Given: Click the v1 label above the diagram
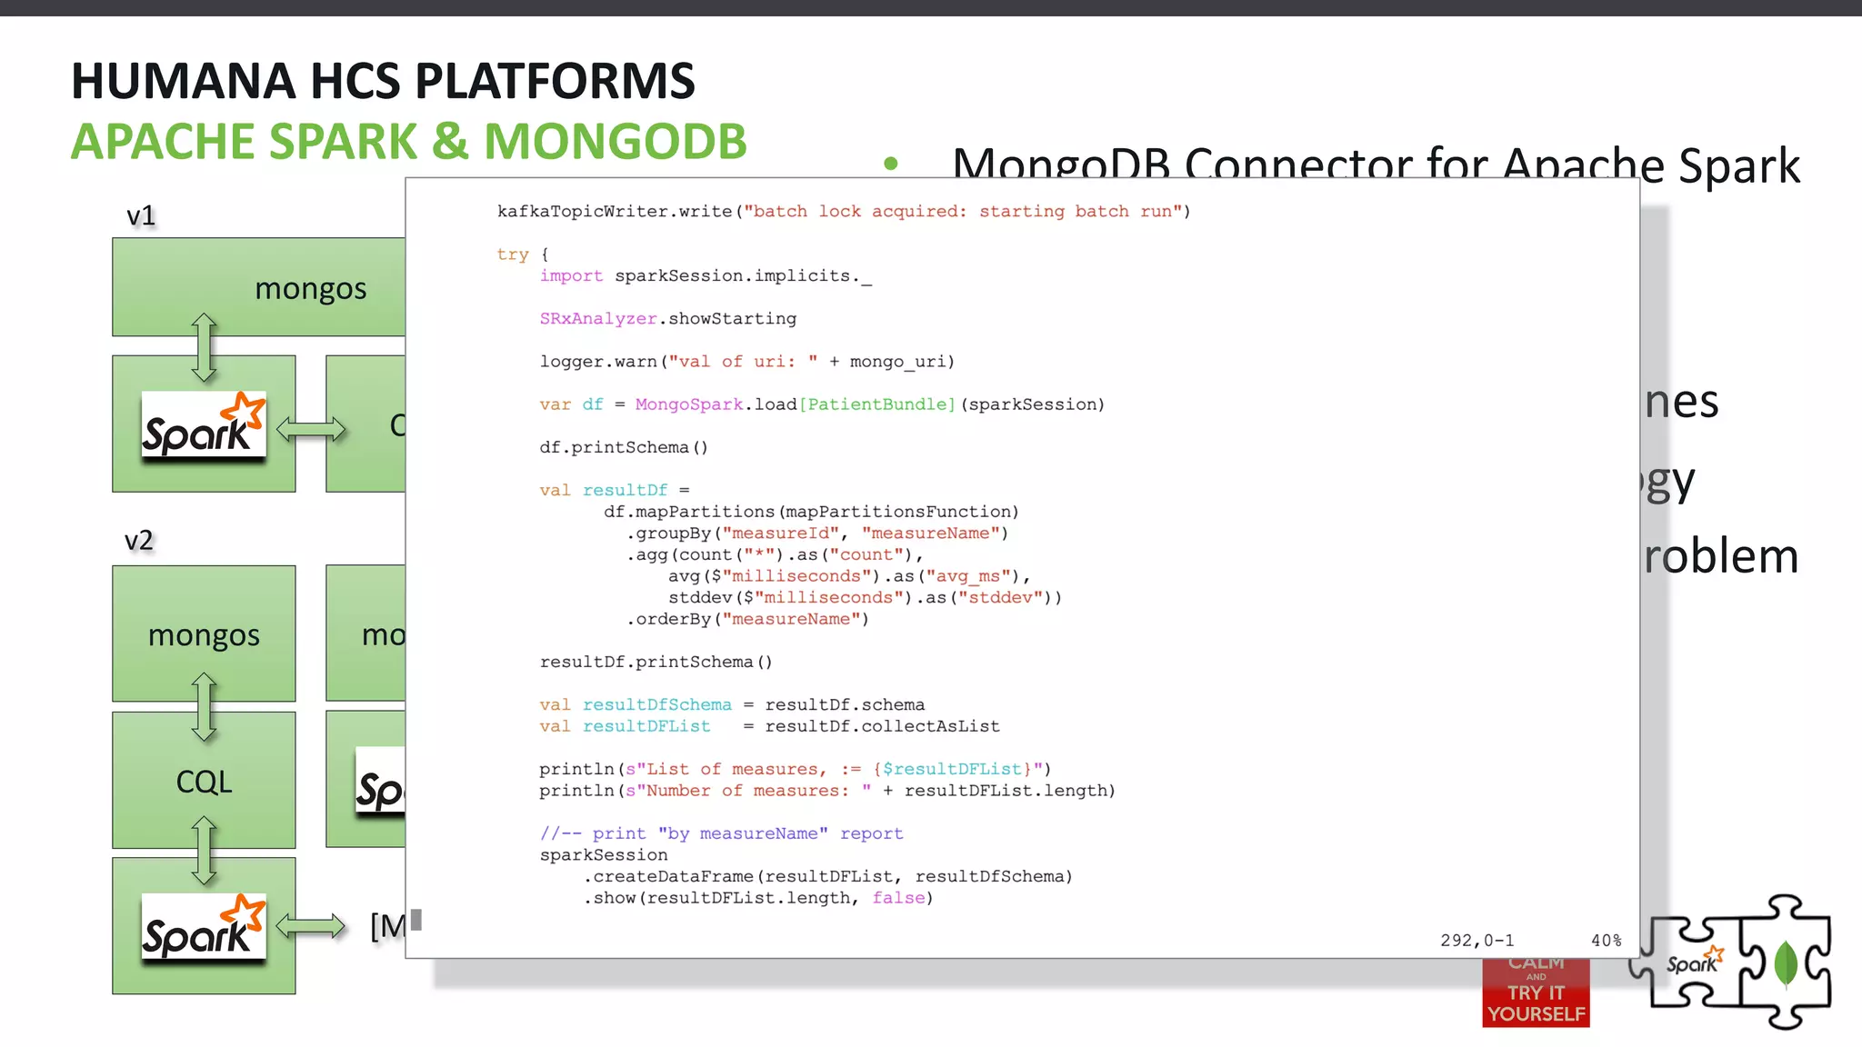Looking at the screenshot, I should (141, 216).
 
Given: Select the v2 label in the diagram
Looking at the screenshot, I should (138, 541).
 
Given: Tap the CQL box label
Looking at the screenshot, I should (204, 782).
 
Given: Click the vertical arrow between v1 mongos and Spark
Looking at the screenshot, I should (204, 346).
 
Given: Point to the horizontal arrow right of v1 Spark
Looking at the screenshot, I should (311, 429).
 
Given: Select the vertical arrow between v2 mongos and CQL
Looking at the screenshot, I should (204, 707).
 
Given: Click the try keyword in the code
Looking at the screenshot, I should (512, 254).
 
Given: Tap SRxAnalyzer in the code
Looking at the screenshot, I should (597, 319).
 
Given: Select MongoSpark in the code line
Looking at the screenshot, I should (688, 404).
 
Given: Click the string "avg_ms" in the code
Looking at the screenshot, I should (971, 576).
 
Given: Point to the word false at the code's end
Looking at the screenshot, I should (898, 898).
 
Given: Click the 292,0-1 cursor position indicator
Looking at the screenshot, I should (1477, 941).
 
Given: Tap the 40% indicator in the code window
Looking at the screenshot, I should (1606, 941).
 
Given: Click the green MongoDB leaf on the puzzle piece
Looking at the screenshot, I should (1786, 963).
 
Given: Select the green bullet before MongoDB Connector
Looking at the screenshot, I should (891, 164).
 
